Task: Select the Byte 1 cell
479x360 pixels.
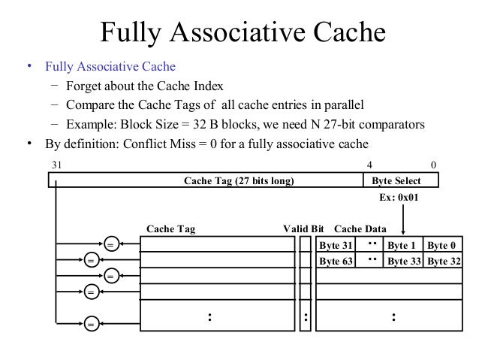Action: click(x=403, y=245)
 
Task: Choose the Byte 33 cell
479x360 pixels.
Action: click(x=403, y=261)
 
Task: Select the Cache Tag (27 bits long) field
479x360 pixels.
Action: click(x=239, y=181)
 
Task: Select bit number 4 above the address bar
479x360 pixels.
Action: click(x=369, y=165)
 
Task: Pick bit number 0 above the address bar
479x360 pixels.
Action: click(x=434, y=165)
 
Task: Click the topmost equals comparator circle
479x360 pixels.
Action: click(x=110, y=244)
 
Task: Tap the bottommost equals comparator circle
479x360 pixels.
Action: click(x=91, y=325)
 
